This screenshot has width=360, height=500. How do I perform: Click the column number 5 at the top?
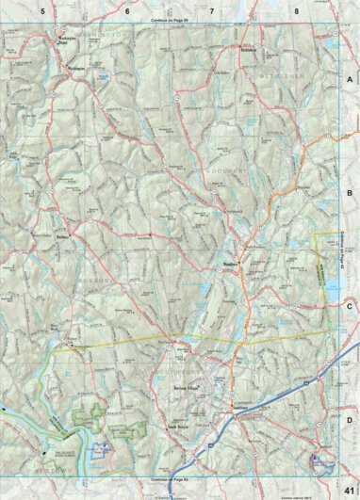pos(41,10)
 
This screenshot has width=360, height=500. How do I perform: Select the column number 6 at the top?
pos(126,10)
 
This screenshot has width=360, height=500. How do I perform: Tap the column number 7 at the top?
pos(211,10)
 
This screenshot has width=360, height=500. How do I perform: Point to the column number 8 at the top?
pos(296,10)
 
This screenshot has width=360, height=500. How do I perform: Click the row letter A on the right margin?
pos(349,81)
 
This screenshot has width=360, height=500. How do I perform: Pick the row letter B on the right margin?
pos(349,192)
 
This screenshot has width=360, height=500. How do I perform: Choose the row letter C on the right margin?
pos(349,306)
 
